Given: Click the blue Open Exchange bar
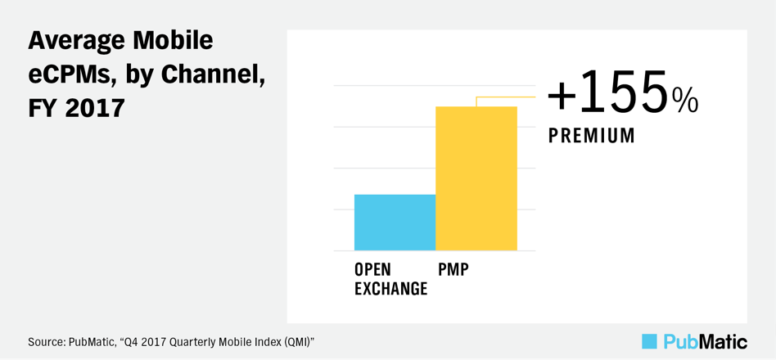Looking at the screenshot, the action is click(x=395, y=223).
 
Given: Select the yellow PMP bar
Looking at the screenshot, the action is click(x=476, y=178).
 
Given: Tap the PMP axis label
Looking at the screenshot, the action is click(x=453, y=269).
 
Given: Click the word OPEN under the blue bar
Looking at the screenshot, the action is click(x=372, y=269).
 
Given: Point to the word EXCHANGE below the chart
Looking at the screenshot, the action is click(x=391, y=288).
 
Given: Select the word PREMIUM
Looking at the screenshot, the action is click(x=591, y=136).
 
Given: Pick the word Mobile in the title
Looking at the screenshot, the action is click(x=174, y=41).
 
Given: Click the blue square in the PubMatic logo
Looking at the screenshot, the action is click(x=649, y=341).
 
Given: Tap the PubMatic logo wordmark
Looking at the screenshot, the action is click(x=705, y=342).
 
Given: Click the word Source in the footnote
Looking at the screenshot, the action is click(x=42, y=342).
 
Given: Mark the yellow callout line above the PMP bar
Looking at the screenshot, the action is click(x=506, y=97).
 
